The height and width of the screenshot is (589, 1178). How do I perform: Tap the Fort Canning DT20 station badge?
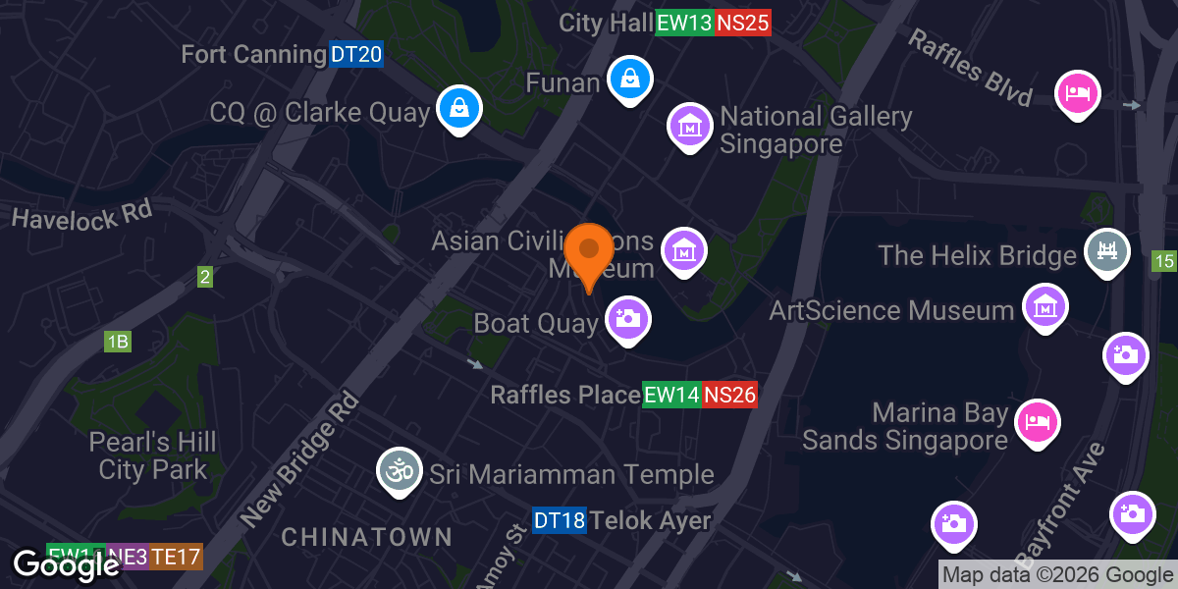(355, 55)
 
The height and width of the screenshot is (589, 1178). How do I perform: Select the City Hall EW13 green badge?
(683, 24)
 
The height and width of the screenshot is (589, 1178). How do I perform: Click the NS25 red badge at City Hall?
(743, 24)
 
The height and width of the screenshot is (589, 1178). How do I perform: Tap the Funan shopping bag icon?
(628, 80)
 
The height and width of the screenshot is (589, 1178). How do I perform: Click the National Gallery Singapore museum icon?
(689, 126)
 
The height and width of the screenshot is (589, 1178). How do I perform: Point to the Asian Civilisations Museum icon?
(684, 250)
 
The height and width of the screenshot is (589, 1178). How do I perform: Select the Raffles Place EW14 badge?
(671, 396)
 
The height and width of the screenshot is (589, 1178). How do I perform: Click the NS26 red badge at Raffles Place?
(729, 396)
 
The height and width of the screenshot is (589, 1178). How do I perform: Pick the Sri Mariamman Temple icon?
(399, 471)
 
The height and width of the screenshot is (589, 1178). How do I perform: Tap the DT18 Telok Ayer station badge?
(560, 520)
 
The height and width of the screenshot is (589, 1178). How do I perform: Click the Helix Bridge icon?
(1106, 250)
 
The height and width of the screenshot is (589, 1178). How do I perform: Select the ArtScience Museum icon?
(1045, 306)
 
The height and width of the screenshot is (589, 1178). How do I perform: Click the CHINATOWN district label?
(367, 537)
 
